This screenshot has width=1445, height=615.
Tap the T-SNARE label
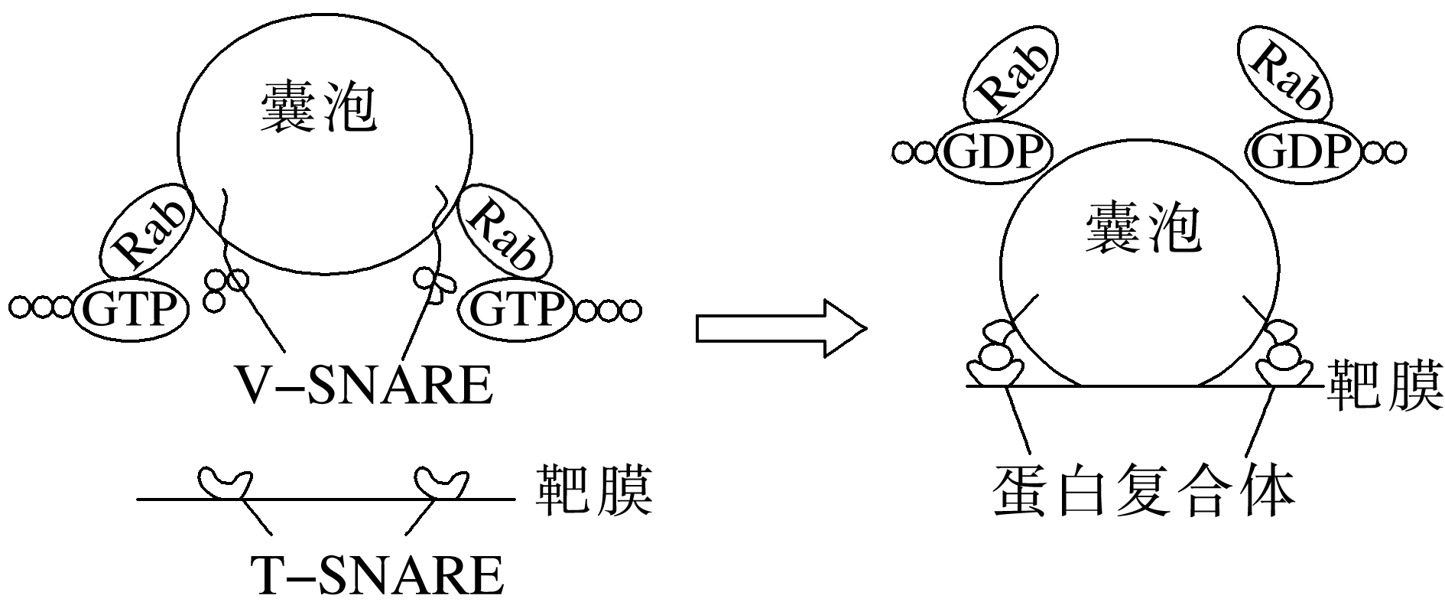click(x=376, y=574)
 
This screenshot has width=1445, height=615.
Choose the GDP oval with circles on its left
click(x=994, y=152)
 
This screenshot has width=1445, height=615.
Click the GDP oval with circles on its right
click(x=1301, y=152)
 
